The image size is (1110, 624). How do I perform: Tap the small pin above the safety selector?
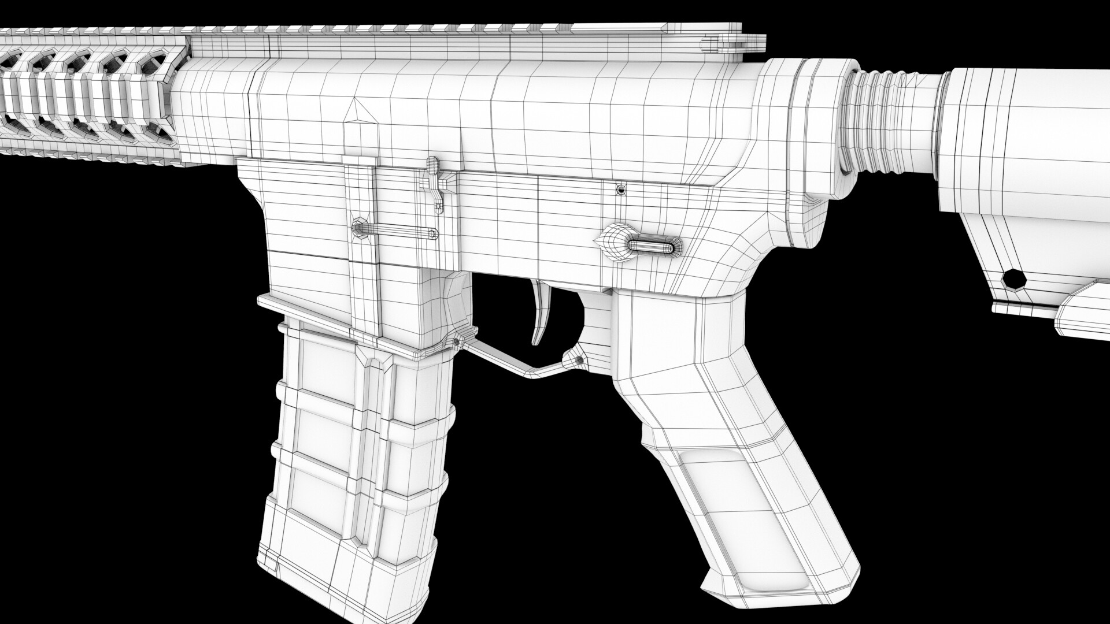(x=621, y=189)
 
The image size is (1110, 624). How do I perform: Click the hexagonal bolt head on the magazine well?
(x=359, y=226)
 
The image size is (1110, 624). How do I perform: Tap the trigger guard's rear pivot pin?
(x=580, y=359)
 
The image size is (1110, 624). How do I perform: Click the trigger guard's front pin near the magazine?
(x=457, y=342)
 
